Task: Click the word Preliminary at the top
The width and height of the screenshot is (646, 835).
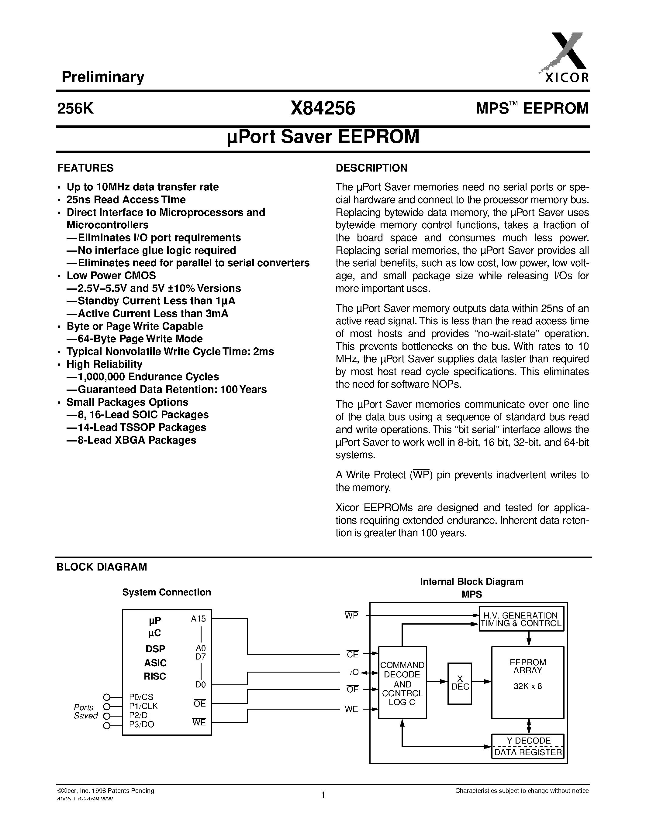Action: click(x=103, y=77)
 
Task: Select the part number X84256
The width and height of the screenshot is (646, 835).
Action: click(x=323, y=108)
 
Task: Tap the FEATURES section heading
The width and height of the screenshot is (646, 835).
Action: click(x=85, y=168)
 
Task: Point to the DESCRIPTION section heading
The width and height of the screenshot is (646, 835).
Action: click(x=371, y=168)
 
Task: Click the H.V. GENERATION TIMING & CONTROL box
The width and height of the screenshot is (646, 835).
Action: click(x=521, y=619)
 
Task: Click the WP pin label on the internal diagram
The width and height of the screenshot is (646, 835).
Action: click(x=351, y=615)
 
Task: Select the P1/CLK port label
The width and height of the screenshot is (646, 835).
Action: click(x=143, y=706)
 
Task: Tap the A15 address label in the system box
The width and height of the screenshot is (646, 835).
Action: click(x=198, y=619)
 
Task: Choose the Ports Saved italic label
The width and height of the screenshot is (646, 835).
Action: click(x=85, y=711)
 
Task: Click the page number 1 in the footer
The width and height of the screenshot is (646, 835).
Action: click(x=323, y=795)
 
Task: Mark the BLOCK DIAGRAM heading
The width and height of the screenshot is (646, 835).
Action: click(x=102, y=567)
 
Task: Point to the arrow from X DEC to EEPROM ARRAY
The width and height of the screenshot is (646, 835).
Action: click(x=482, y=681)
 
